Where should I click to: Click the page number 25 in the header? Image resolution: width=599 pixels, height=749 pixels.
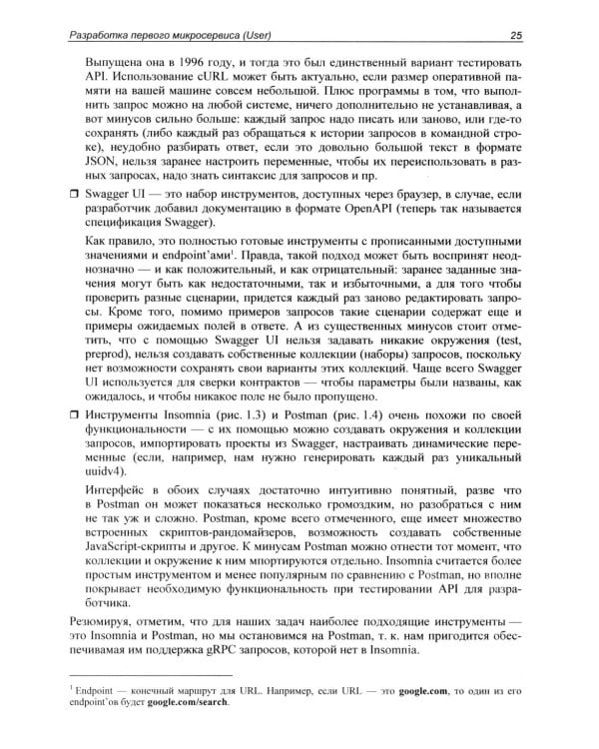click(x=531, y=36)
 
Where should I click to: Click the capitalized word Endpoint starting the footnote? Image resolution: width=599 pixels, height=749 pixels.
click(x=93, y=688)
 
